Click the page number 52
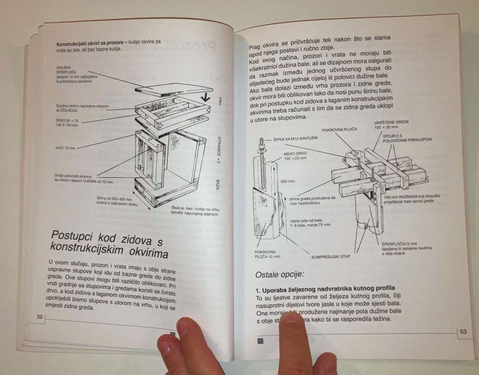tap(39, 316)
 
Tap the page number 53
tap(463, 331)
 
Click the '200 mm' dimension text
tap(287, 181)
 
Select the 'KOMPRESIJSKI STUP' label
tap(330, 256)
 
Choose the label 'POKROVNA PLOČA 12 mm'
tap(267, 254)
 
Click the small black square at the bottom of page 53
tap(260, 341)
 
